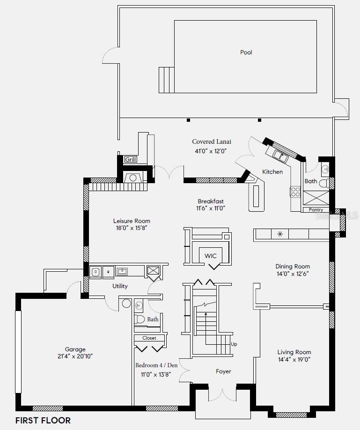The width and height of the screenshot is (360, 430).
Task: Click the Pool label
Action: tap(246, 52)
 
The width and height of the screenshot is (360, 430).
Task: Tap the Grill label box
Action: tap(131, 159)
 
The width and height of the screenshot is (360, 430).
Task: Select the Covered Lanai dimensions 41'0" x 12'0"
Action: tap(211, 151)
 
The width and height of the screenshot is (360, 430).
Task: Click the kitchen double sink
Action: tap(279, 156)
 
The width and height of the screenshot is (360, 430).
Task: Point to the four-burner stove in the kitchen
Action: tap(295, 192)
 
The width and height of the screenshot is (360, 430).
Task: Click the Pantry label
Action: tap(316, 209)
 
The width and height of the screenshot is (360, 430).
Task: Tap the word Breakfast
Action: tap(211, 201)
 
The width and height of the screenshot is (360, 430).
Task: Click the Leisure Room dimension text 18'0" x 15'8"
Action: tap(132, 228)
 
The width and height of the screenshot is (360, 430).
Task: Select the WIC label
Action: tap(210, 256)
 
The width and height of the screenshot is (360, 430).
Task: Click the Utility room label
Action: tap(120, 286)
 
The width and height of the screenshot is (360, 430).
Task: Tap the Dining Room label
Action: tap(293, 266)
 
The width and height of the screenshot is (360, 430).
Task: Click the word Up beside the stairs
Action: tap(234, 344)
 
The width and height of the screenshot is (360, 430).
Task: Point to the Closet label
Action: tap(149, 338)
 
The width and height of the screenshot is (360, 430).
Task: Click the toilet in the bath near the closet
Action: tap(140, 319)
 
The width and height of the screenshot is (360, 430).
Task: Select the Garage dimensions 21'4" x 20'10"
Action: tap(75, 356)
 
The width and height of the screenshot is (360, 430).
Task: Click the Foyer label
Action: tap(223, 371)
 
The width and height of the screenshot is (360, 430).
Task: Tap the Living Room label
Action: tap(294, 352)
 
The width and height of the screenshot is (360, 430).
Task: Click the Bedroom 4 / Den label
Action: tap(156, 365)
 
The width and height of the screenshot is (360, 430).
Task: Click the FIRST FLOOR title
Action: tap(43, 421)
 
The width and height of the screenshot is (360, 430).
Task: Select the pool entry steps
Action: tap(167, 80)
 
